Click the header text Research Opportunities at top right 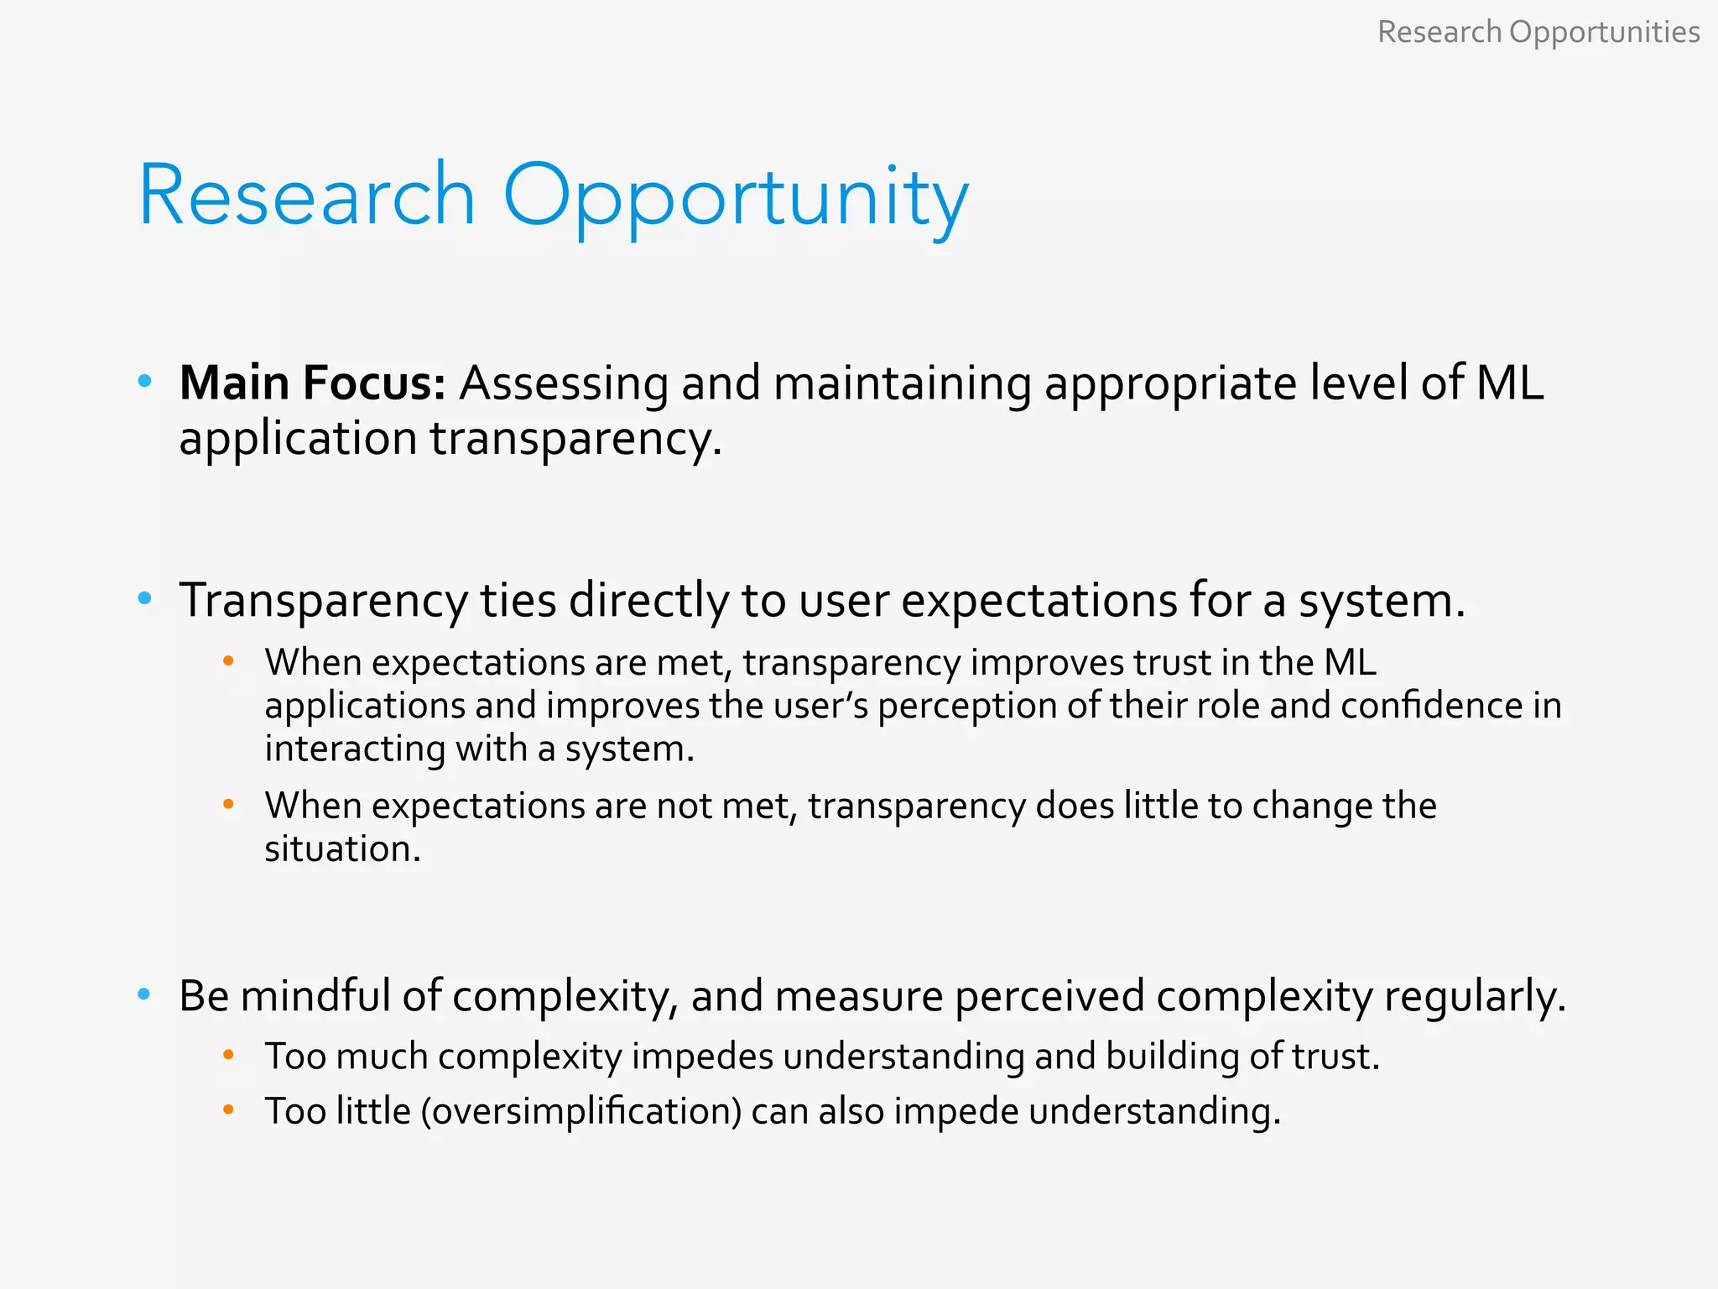click(1538, 32)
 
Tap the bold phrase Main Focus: click(312, 383)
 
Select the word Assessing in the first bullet click(564, 384)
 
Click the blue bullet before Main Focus click(144, 382)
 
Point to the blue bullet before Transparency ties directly click(144, 598)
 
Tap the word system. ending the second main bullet click(1382, 601)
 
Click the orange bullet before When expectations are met click(228, 662)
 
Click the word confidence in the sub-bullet click(1431, 705)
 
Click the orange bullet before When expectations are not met click(228, 805)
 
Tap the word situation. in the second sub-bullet click(342, 848)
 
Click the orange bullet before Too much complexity click(228, 1055)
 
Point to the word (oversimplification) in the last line click(580, 1112)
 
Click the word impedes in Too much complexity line click(701, 1057)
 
